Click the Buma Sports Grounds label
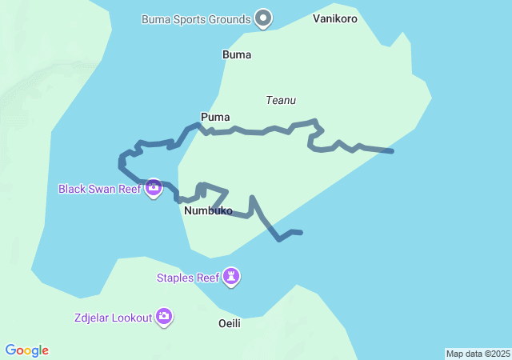pyautogui.click(x=195, y=18)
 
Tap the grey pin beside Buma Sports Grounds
pyautogui.click(x=262, y=18)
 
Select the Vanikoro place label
pyautogui.click(x=335, y=18)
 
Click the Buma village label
pyautogui.click(x=237, y=55)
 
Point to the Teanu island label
pyautogui.click(x=281, y=100)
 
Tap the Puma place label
pyautogui.click(x=215, y=118)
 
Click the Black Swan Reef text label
pyautogui.click(x=99, y=190)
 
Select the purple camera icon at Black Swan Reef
pyautogui.click(x=154, y=189)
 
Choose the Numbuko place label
pyautogui.click(x=208, y=211)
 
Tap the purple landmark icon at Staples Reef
pyautogui.click(x=232, y=277)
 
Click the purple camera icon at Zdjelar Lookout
pyautogui.click(x=164, y=317)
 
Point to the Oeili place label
pyautogui.click(x=229, y=324)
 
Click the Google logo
pyautogui.click(x=26, y=350)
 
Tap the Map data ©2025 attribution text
pyautogui.click(x=478, y=354)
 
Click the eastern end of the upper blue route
pyautogui.click(x=391, y=150)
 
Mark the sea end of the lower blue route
pyautogui.click(x=300, y=233)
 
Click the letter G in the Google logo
pyautogui.click(x=10, y=350)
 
